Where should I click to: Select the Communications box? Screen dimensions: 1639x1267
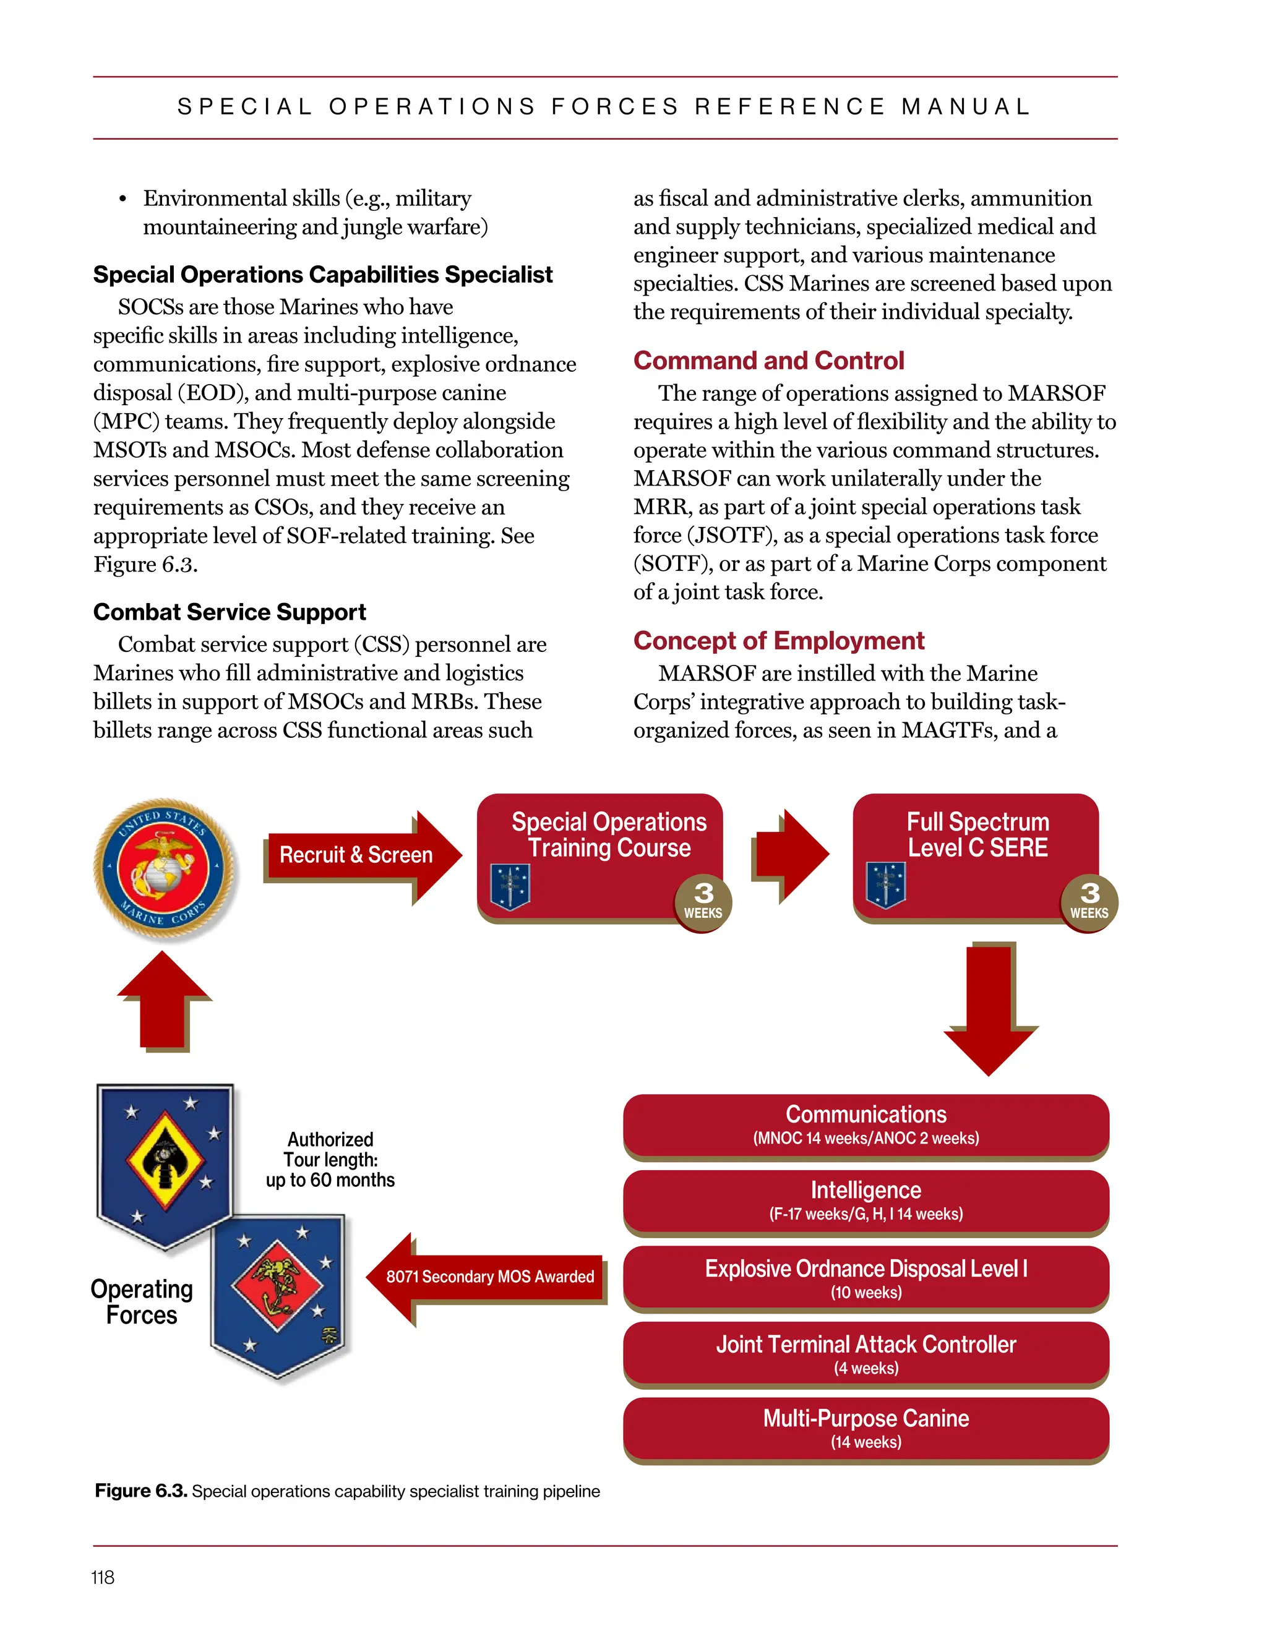tap(865, 1125)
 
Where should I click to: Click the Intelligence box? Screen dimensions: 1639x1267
tap(865, 1200)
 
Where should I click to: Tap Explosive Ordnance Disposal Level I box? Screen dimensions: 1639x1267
tap(865, 1278)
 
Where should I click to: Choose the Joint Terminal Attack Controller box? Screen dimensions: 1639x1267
tap(865, 1354)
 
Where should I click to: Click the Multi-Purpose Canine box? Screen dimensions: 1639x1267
tap(865, 1428)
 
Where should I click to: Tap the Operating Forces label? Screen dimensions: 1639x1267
tap(142, 1302)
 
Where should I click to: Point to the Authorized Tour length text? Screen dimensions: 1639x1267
tap(330, 1160)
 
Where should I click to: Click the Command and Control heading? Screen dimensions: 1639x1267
tap(768, 361)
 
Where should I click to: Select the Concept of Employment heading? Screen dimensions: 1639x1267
tap(778, 641)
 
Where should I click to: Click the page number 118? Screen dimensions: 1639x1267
tap(103, 1578)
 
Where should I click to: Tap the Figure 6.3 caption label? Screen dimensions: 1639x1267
tap(140, 1491)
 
